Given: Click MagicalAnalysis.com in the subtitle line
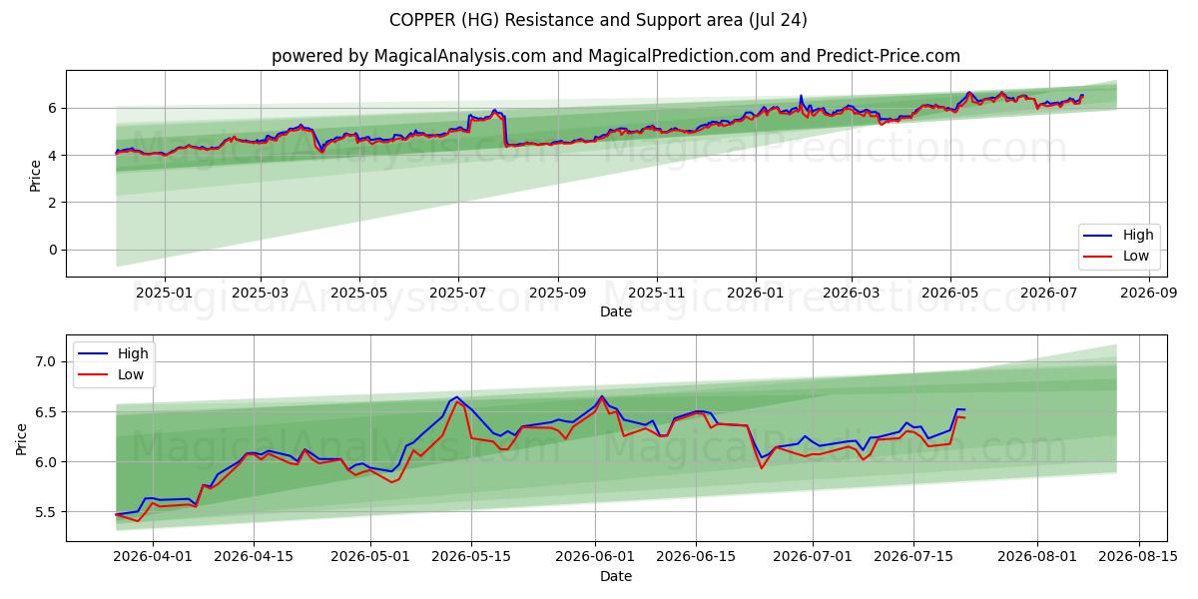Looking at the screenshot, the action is pyautogui.click(x=460, y=56).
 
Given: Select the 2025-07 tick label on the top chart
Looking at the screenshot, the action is pyautogui.click(x=458, y=293).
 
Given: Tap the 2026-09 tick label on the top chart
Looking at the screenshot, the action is pyautogui.click(x=1149, y=293).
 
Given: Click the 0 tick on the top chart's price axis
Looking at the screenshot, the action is pyautogui.click(x=52, y=250).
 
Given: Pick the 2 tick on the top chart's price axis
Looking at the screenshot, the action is pyautogui.click(x=52, y=203).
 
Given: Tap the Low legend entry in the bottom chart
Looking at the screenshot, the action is pyautogui.click(x=111, y=375).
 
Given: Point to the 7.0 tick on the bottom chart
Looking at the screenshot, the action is pyautogui.click(x=46, y=361).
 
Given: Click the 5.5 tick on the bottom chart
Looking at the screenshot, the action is pyautogui.click(x=46, y=512).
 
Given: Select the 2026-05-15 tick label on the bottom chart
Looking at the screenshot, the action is pyautogui.click(x=471, y=556).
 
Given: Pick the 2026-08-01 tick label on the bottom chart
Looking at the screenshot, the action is pyautogui.click(x=1037, y=556).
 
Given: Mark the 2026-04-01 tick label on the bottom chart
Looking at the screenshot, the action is pyautogui.click(x=153, y=556).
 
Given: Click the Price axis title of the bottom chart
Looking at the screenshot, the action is pyautogui.click(x=21, y=439).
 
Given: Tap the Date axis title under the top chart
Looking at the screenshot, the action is pyautogui.click(x=616, y=311).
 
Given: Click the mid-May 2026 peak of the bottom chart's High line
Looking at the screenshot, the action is pyautogui.click(x=456, y=397).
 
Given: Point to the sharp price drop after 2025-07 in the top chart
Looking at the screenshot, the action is pyautogui.click(x=504, y=130).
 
